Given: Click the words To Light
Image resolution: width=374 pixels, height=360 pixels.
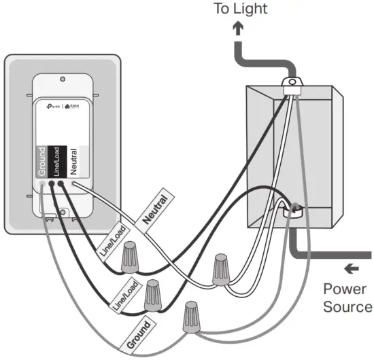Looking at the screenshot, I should tap(241, 9).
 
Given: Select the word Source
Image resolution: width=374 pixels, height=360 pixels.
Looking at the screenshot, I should tap(347, 306).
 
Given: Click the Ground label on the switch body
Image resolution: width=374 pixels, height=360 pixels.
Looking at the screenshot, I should tap(42, 161).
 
